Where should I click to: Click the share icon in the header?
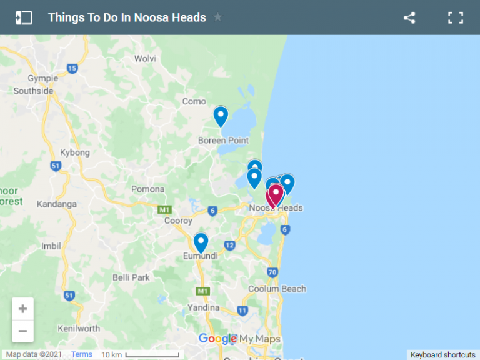409,17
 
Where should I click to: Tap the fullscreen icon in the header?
456,17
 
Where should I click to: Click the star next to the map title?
217,17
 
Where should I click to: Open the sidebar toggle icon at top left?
24,17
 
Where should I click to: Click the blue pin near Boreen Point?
221,116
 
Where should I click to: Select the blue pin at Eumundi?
201,242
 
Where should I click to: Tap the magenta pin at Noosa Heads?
275,194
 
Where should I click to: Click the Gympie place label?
43,78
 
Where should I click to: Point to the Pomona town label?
148,189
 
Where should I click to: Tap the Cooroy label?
178,221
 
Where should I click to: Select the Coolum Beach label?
277,289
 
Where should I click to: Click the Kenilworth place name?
79,329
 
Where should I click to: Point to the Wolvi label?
146,59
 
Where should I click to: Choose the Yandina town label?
204,307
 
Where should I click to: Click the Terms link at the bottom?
81,354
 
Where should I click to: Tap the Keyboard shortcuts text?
442,355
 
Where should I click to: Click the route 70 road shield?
272,272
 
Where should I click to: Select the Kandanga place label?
57,204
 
